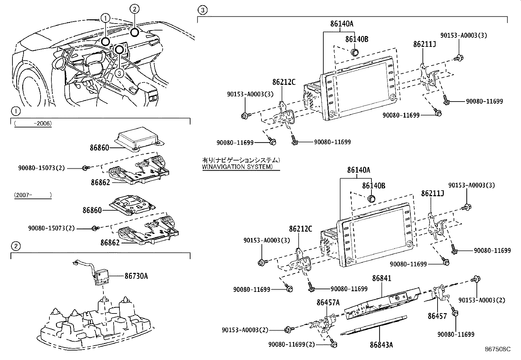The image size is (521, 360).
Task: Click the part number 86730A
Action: coord(136,276)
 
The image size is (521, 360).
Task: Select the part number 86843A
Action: coord(381,345)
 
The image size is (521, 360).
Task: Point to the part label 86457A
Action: coord(328,303)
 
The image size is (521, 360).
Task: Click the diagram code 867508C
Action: coord(497,350)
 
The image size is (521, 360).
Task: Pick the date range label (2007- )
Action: coord(33,195)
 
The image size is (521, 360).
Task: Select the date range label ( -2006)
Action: coord(33,123)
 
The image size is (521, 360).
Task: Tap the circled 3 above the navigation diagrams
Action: coord(203,10)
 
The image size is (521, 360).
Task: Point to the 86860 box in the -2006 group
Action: coord(139,139)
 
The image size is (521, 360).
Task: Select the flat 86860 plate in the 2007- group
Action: coord(133,206)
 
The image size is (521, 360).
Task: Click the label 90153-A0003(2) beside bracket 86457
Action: coord(481,300)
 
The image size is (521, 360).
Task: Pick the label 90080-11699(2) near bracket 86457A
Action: coord(292,344)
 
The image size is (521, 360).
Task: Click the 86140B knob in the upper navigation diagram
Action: coord(355,52)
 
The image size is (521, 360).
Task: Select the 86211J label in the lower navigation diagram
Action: coord(432,193)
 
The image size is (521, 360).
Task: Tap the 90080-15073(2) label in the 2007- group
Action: coord(51,228)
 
